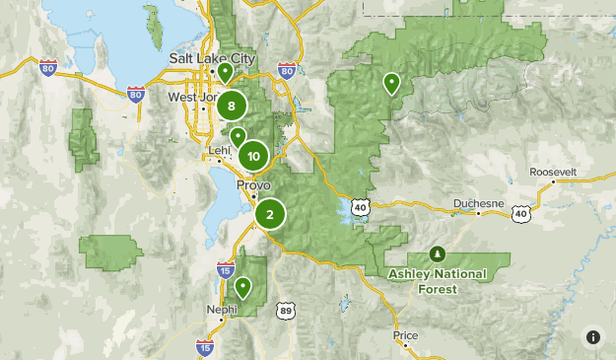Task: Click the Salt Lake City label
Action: (212, 59)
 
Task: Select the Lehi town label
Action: (219, 151)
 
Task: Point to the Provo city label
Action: (252, 184)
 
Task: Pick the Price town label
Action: (405, 335)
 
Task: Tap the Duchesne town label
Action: (478, 204)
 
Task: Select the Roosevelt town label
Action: (552, 172)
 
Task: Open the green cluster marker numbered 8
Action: (232, 106)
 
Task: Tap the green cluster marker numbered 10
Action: (254, 155)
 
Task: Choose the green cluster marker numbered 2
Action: (270, 213)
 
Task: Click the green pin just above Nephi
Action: (242, 288)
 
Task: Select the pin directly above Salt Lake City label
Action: (226, 71)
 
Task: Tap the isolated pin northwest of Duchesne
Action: (392, 83)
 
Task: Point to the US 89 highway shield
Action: (285, 310)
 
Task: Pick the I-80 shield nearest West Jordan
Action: (136, 94)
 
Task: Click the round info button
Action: (592, 336)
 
